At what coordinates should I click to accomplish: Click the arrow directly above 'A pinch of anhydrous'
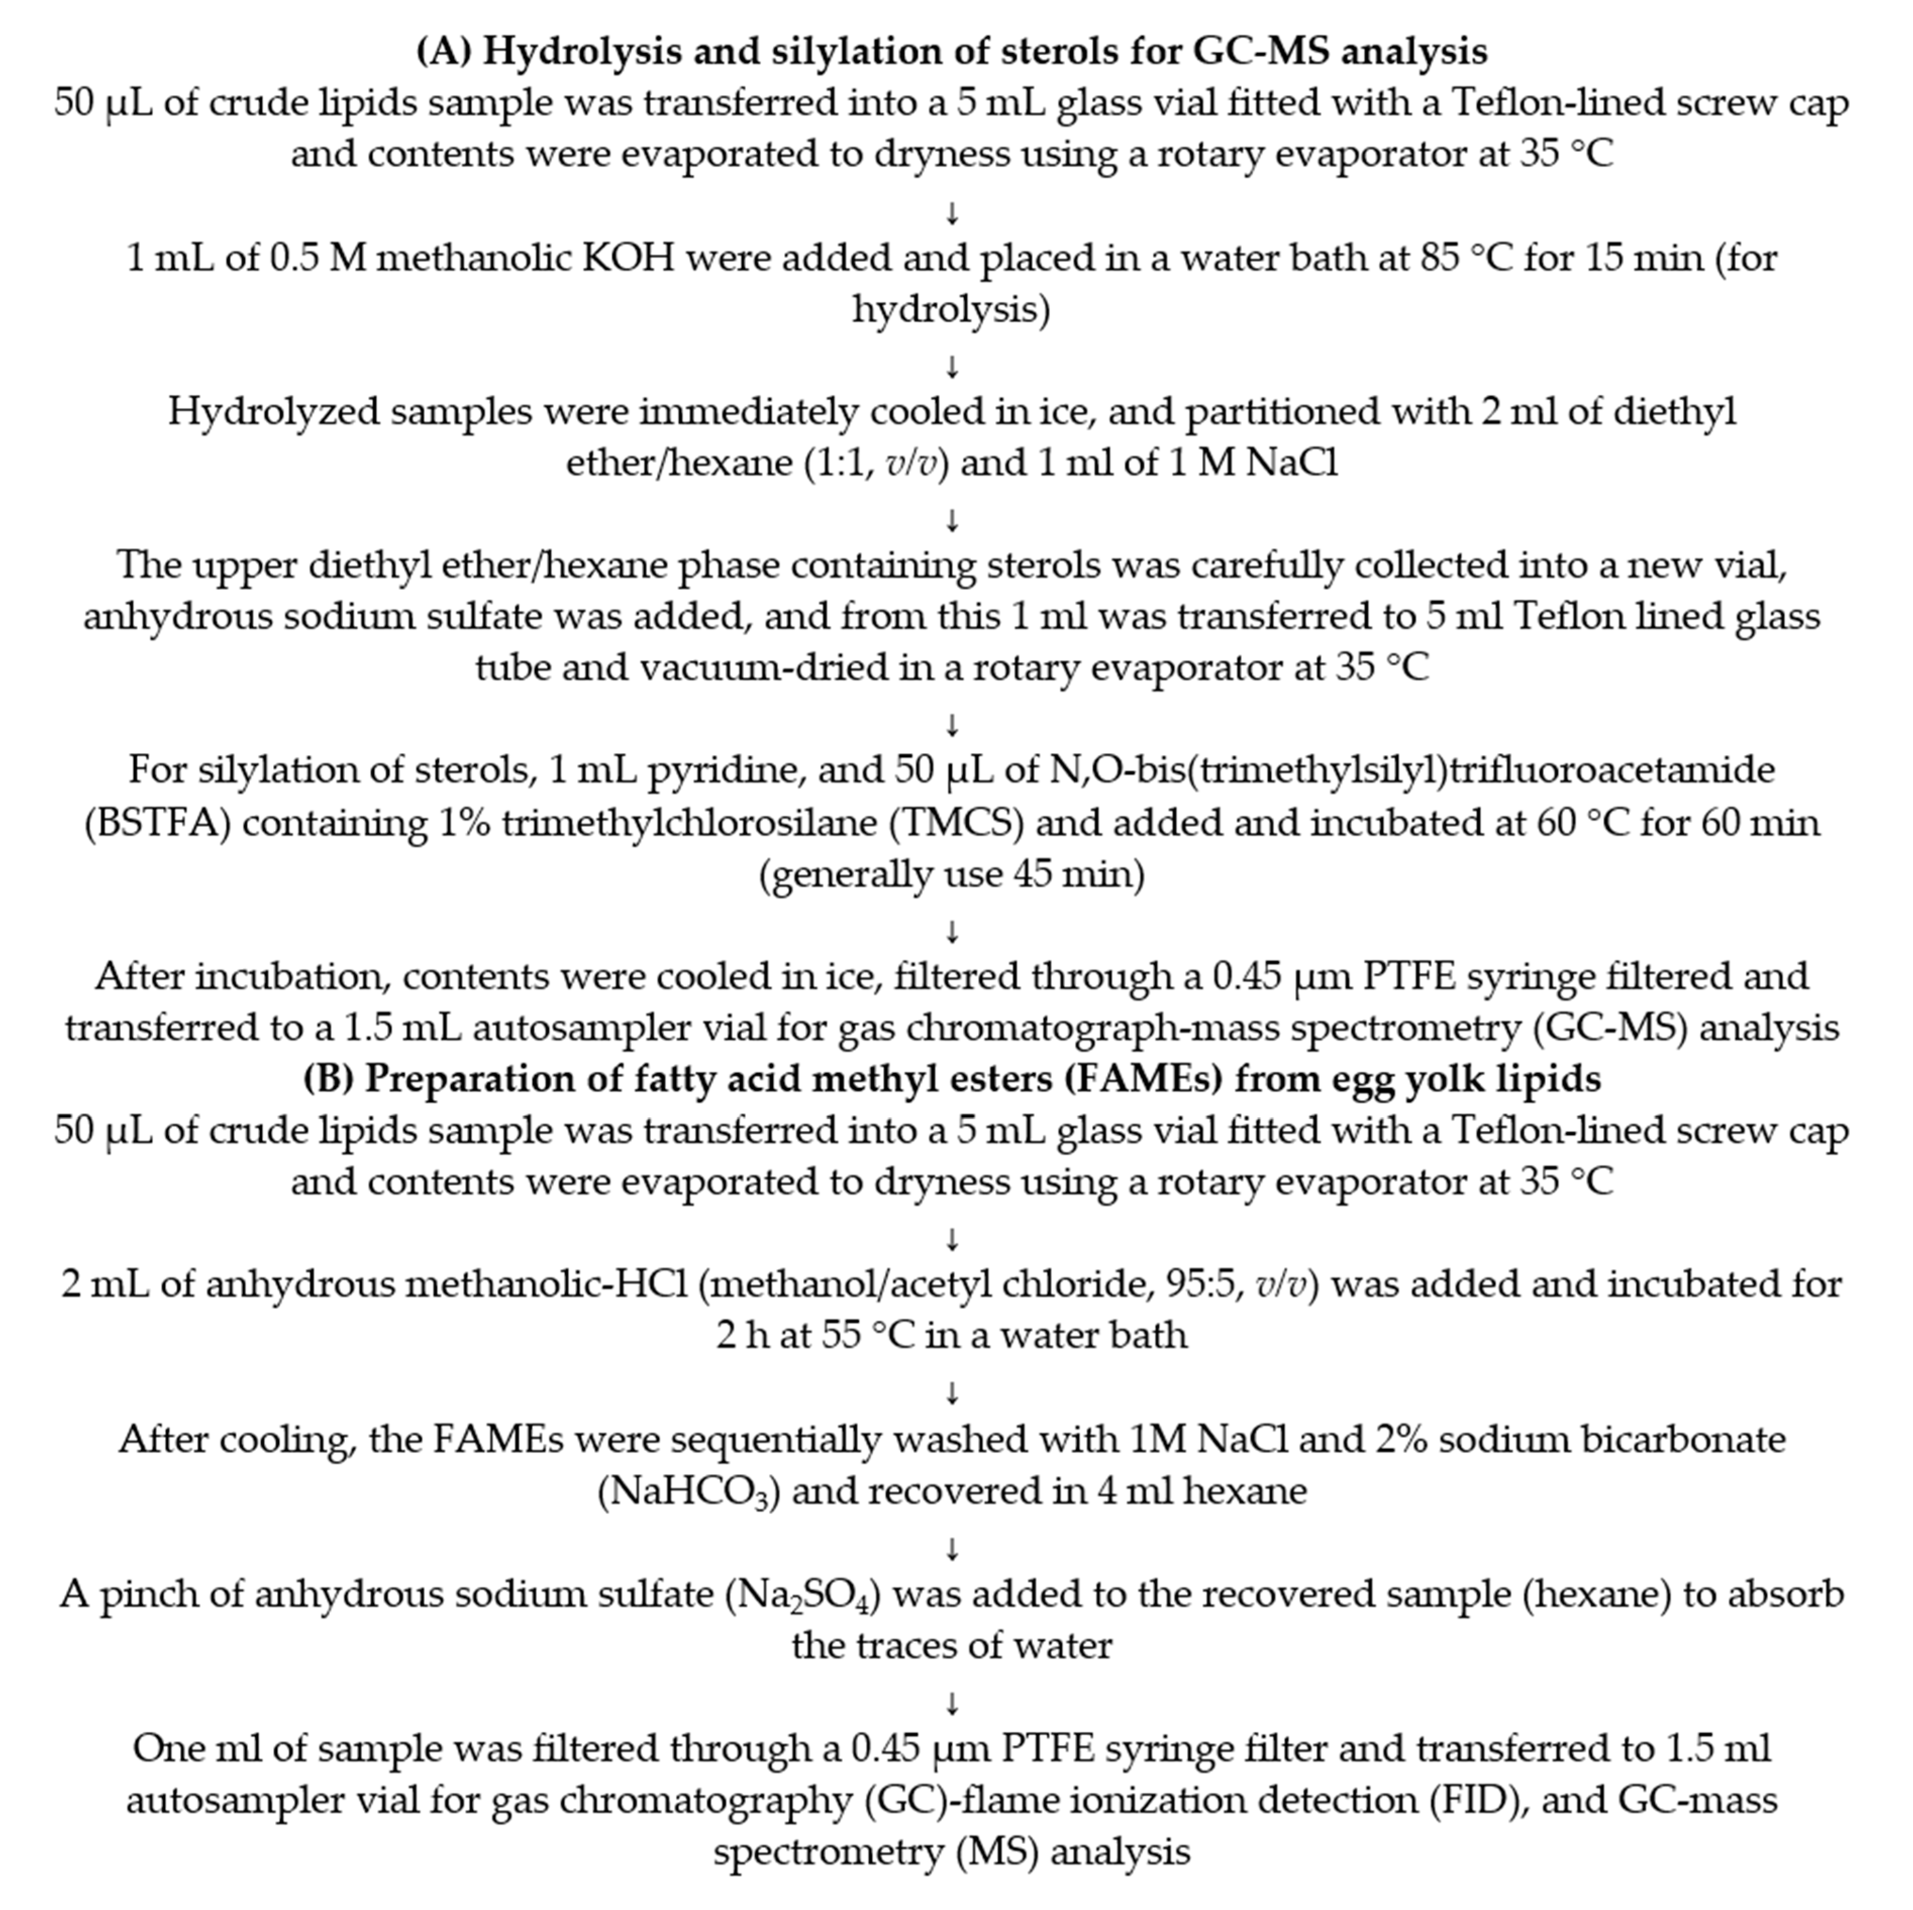click(x=953, y=1547)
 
